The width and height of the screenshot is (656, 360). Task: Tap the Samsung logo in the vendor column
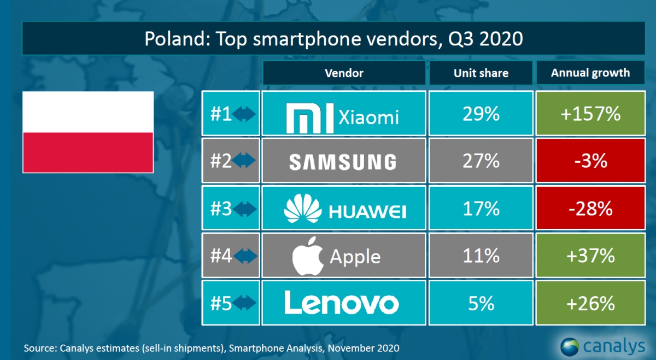(x=343, y=162)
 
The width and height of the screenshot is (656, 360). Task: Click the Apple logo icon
(x=309, y=256)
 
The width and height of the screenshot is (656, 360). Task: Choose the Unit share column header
(x=481, y=73)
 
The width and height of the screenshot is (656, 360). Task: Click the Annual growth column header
(x=590, y=73)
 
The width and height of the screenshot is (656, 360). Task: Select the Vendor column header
(x=344, y=73)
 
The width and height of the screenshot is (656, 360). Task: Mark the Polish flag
(x=87, y=132)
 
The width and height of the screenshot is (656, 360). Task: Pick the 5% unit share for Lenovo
(x=481, y=303)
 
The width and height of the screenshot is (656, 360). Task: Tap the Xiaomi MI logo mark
(x=310, y=116)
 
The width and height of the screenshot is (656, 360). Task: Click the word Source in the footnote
(x=40, y=347)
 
